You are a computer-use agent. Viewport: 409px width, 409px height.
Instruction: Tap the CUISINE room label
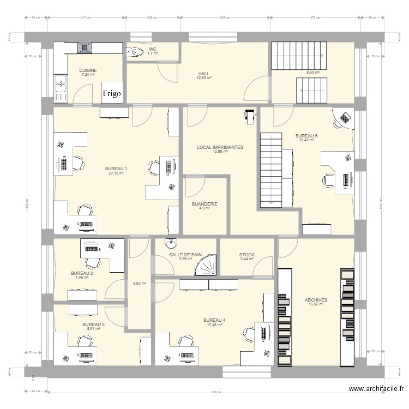(x=88, y=70)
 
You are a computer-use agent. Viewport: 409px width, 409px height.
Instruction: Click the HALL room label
(x=204, y=74)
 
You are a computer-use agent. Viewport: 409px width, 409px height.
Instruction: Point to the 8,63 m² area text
(x=312, y=72)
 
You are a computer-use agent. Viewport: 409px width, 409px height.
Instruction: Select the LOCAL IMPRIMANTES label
(x=220, y=147)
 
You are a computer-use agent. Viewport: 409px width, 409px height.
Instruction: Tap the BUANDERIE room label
(x=204, y=204)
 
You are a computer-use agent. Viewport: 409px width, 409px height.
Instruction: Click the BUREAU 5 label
(x=306, y=136)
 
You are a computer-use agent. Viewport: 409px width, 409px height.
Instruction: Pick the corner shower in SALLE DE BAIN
(x=207, y=266)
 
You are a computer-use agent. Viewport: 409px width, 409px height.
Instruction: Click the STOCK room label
(x=246, y=255)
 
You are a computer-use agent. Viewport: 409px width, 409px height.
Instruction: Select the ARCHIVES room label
(x=316, y=300)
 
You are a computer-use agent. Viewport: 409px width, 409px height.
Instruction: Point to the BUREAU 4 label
(x=214, y=320)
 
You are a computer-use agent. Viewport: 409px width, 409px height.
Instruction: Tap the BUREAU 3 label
(x=93, y=324)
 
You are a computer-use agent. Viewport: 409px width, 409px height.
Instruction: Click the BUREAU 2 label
(x=82, y=273)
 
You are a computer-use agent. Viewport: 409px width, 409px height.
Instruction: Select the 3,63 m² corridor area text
(x=139, y=283)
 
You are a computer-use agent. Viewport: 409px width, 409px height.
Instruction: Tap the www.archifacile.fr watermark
(x=376, y=389)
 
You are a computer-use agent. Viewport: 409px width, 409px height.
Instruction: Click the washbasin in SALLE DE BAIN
(x=171, y=243)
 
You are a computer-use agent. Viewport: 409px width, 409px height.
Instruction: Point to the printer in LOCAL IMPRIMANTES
(x=250, y=115)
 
